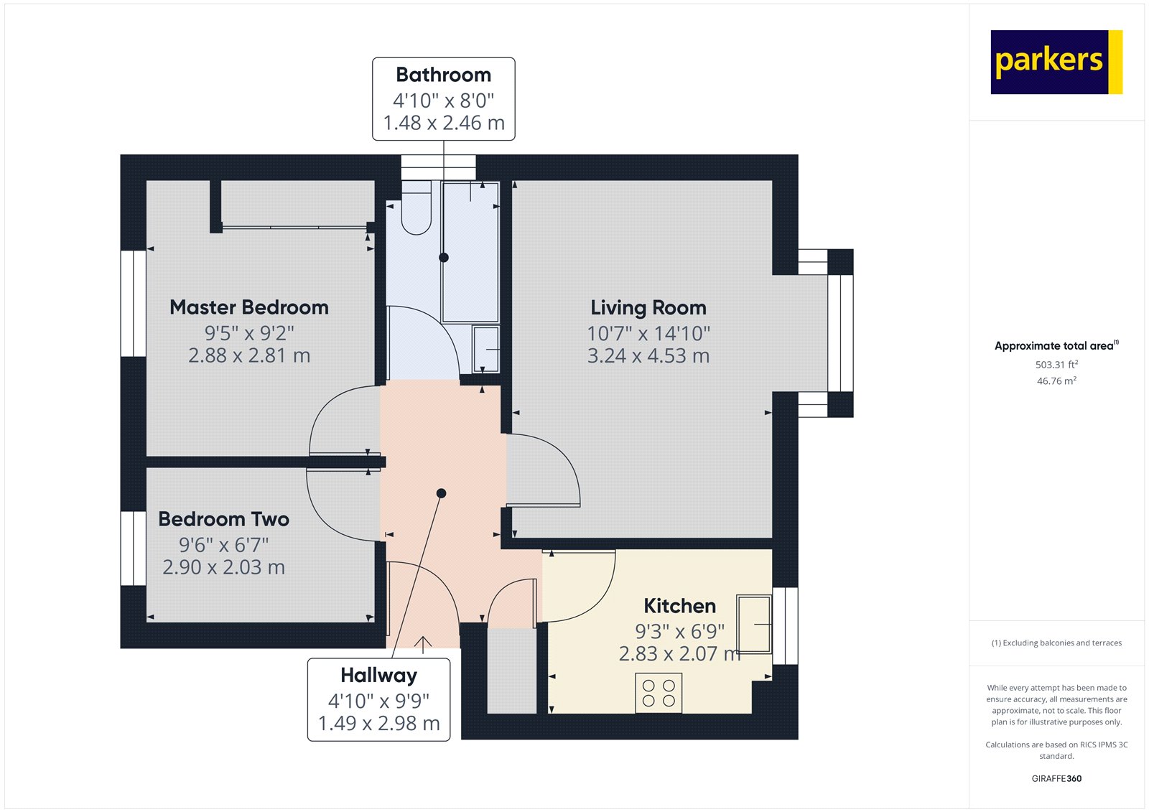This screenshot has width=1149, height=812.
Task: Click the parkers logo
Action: point(1056,62)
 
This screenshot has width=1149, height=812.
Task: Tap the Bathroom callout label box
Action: point(444,99)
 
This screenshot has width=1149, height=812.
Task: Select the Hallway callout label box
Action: point(379,700)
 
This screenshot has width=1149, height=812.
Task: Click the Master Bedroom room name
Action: point(249,307)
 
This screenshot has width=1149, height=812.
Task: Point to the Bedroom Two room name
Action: point(223,519)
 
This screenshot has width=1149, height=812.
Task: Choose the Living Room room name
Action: point(648,308)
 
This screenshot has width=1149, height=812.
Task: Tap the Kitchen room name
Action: point(679,606)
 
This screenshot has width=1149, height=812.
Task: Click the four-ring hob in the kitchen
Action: point(659,693)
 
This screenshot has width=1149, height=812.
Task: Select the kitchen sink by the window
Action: point(754,624)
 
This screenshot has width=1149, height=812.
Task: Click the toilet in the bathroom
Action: point(416,207)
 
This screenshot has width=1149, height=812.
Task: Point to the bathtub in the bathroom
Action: point(470,253)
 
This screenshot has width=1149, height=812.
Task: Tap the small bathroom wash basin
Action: point(485,350)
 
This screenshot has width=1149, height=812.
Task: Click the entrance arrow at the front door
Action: point(423,645)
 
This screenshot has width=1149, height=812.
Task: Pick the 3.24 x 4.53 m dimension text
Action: point(648,356)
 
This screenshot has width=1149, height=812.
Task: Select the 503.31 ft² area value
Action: point(1056,365)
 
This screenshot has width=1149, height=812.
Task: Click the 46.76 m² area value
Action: point(1056,381)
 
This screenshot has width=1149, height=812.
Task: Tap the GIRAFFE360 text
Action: point(1056,778)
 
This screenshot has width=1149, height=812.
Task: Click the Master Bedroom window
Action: point(134,303)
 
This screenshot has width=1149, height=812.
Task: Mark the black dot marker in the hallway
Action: point(441,493)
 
